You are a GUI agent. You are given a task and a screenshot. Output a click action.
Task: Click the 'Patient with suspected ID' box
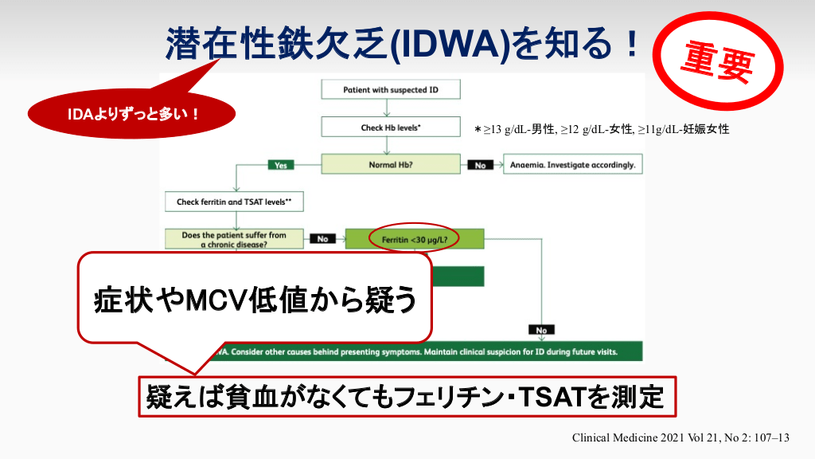point(390,89)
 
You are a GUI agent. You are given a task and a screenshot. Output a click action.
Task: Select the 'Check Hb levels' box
point(390,127)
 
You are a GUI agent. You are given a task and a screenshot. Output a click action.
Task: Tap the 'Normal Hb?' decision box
point(390,164)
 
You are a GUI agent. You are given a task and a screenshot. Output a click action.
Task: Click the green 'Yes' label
point(281,165)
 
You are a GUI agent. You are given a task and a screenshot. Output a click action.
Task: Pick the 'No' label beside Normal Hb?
point(480,165)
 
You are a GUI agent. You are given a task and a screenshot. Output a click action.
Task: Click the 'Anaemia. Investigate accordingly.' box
point(573,164)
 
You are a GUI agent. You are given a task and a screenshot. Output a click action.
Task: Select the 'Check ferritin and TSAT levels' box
point(234,202)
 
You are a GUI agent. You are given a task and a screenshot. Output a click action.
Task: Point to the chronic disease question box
point(234,239)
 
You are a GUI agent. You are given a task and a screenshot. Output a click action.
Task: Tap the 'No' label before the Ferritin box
point(323,239)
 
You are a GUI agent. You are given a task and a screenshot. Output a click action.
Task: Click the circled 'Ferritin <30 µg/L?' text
point(414,240)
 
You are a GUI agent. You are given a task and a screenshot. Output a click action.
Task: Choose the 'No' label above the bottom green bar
point(541,330)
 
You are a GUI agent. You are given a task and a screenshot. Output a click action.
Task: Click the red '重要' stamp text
point(717,61)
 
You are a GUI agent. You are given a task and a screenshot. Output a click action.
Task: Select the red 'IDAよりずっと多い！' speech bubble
point(131,113)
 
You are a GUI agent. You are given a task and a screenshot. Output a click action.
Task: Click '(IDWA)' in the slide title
point(450,44)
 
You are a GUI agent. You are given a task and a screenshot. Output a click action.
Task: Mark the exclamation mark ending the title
point(631,43)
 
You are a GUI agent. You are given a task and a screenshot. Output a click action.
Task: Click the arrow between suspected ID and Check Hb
point(387,108)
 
